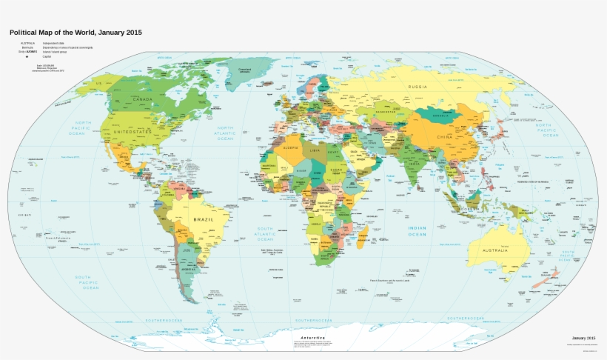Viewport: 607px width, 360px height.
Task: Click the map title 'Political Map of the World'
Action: point(75,33)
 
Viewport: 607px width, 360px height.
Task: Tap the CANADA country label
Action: point(142,99)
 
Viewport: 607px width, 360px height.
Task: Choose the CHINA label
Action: point(444,138)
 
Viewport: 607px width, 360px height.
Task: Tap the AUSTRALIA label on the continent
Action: point(495,250)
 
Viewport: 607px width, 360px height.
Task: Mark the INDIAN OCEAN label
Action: point(417,230)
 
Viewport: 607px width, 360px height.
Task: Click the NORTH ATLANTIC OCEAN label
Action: point(224,133)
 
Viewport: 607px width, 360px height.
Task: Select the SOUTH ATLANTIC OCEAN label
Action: point(264,234)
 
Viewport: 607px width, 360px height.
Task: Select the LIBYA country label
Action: point(316,151)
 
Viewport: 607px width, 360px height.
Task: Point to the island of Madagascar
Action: point(363,239)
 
